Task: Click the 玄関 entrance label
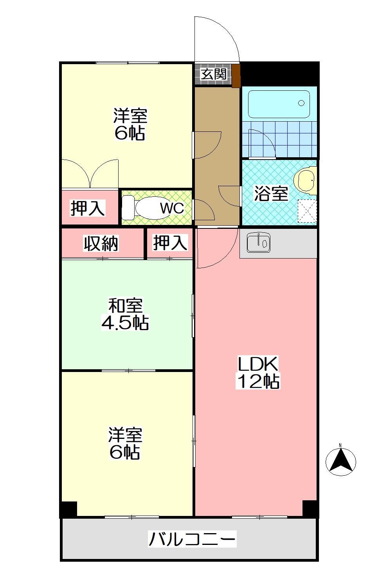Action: tap(214, 74)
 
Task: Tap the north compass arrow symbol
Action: tap(340, 462)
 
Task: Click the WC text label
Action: tap(172, 208)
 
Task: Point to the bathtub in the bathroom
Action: tap(279, 103)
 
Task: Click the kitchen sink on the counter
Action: tap(258, 243)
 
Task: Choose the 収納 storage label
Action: tap(101, 244)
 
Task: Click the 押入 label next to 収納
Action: tap(170, 243)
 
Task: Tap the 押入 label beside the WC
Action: tap(88, 208)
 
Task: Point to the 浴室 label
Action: tap(271, 194)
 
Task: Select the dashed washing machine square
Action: tap(307, 211)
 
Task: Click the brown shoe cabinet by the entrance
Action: tap(236, 76)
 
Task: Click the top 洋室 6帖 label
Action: tap(130, 124)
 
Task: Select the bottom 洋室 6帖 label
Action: tap(125, 443)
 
